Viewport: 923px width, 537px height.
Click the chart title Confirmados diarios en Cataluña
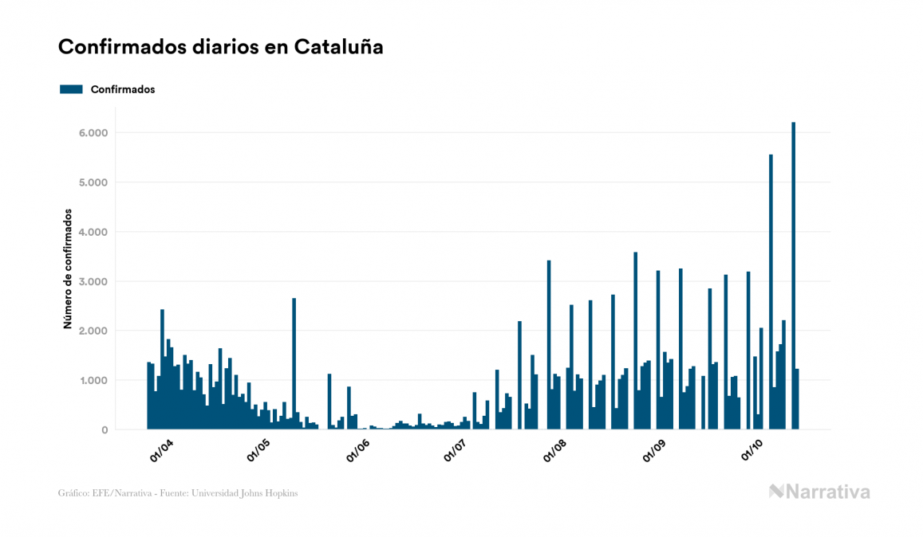[220, 47]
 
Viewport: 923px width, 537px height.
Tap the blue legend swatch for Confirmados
[71, 89]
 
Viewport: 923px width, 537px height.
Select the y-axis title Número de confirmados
[69, 269]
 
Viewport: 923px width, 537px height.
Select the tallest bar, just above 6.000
[793, 276]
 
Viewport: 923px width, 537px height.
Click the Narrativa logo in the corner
[819, 492]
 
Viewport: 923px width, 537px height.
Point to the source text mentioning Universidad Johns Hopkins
[179, 493]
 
